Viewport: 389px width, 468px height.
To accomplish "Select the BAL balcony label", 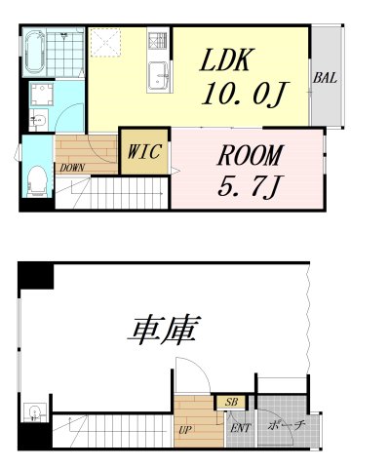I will [x=324, y=78].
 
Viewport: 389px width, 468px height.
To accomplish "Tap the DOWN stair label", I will [x=71, y=168].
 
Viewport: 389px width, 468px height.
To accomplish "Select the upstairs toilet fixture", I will [x=37, y=178].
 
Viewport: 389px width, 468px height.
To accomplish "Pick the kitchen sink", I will [x=159, y=78].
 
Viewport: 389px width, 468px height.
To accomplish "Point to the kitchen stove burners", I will [x=158, y=42].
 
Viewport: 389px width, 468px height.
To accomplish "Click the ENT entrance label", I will [x=237, y=426].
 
